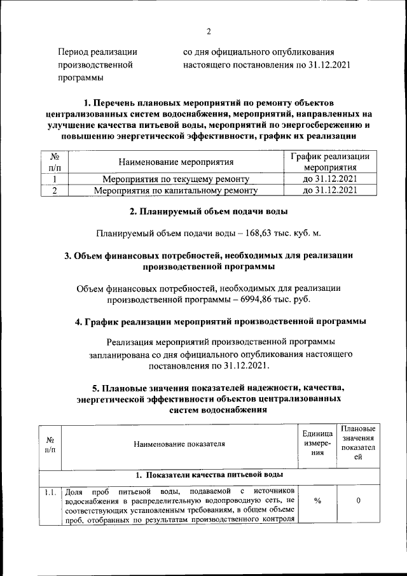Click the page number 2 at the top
208,31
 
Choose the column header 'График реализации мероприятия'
329,162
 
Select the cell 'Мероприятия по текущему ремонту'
176,179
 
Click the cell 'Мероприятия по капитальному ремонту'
176,190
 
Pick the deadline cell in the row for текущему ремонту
329,179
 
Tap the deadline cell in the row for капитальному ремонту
329,190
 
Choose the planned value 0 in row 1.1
359,502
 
